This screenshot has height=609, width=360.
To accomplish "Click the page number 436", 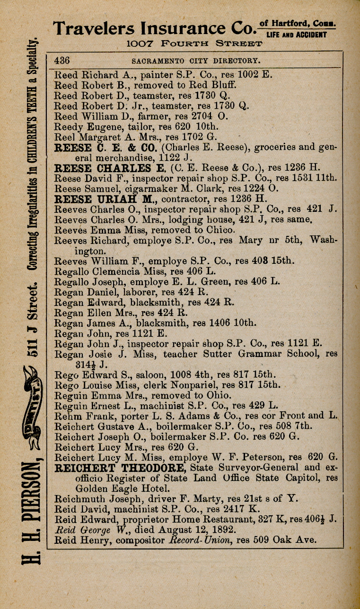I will coord(62,61).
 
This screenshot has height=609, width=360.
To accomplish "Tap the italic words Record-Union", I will coord(198,540).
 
